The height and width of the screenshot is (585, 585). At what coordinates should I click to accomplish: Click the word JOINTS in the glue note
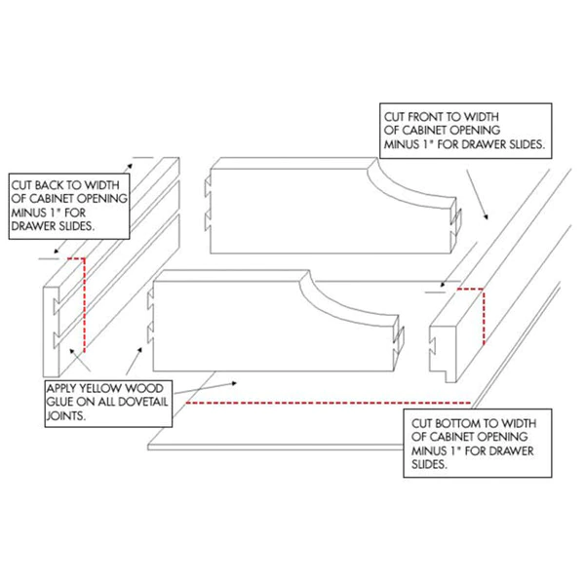pyautogui.click(x=65, y=415)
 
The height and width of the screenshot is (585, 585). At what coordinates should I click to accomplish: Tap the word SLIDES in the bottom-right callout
pyautogui.click(x=429, y=464)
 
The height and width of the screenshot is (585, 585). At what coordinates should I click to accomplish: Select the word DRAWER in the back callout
pyautogui.click(x=32, y=226)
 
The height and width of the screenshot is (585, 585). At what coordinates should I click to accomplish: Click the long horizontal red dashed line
pyautogui.click(x=329, y=403)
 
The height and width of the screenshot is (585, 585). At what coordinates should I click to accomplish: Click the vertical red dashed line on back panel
pyautogui.click(x=84, y=305)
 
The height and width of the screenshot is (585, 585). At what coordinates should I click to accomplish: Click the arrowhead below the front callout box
pyautogui.click(x=486, y=216)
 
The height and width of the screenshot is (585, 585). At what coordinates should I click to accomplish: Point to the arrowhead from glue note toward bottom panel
pyautogui.click(x=234, y=383)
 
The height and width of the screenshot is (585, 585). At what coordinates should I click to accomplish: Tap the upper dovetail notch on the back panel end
pyautogui.click(x=56, y=306)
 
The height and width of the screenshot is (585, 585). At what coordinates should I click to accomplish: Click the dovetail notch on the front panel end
pyautogui.click(x=433, y=346)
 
